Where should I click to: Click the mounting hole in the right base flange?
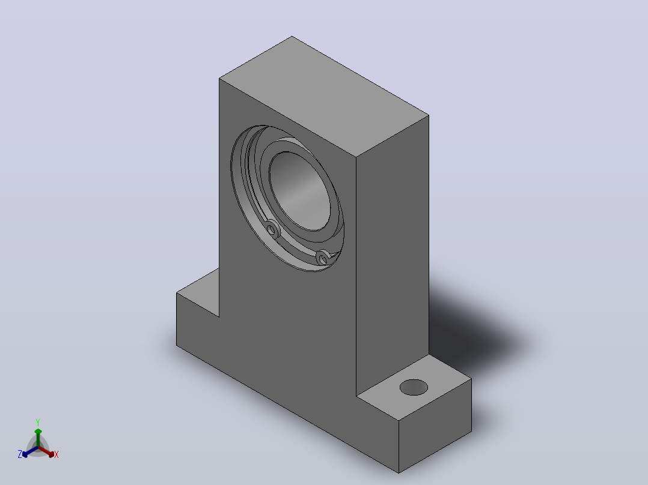[x=414, y=387]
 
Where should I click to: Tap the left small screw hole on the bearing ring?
[x=272, y=229]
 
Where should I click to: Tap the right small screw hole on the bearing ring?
[x=322, y=258]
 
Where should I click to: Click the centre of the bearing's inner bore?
[x=299, y=191]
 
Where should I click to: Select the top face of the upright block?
[x=324, y=97]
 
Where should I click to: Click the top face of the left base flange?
[x=198, y=293]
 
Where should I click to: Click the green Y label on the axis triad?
[x=38, y=423]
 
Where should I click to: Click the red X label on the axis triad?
[x=57, y=454]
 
